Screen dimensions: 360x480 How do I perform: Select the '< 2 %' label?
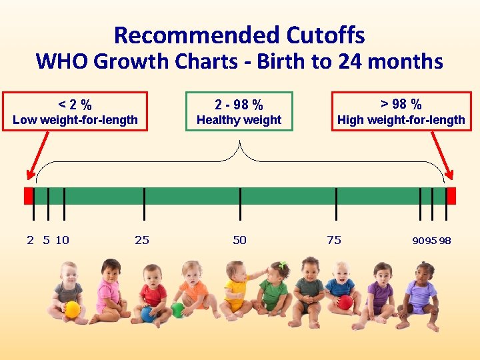(75, 105)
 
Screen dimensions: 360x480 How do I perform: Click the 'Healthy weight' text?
(239, 120)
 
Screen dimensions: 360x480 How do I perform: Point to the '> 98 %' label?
(401, 104)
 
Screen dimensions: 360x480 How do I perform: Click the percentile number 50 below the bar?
(239, 240)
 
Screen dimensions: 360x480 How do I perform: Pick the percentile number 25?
(142, 240)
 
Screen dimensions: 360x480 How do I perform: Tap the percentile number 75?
(334, 240)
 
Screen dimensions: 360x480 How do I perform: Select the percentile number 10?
(62, 240)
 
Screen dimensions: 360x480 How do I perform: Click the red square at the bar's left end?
(28, 195)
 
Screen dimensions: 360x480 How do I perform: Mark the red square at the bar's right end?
(451, 195)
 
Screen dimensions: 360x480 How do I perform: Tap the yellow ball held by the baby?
(72, 309)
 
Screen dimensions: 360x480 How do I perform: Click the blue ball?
(147, 314)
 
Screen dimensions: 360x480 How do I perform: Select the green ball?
(177, 310)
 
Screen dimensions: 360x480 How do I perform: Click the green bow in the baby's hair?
(283, 265)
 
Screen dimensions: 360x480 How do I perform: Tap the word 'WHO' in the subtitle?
(62, 61)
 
